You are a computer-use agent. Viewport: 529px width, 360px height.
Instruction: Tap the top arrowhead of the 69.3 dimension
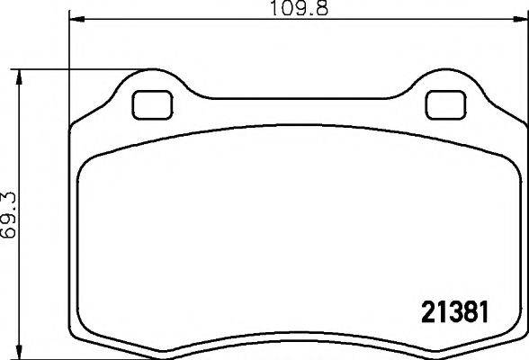[x=20, y=75]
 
